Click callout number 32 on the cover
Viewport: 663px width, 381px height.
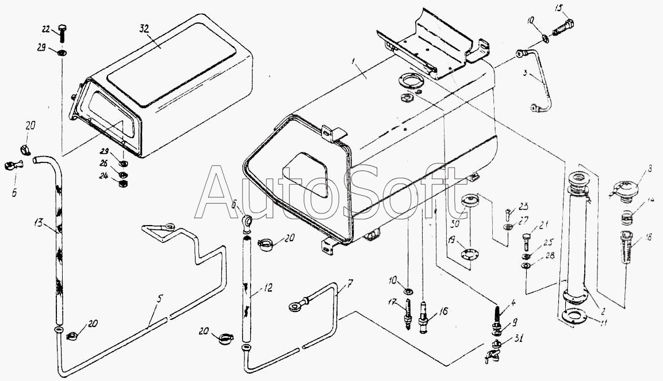click(144, 28)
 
